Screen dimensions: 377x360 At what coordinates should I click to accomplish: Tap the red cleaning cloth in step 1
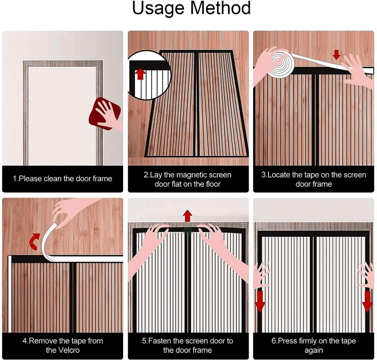coord(105,114)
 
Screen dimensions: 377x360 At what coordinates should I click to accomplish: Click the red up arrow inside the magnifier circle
coord(140,74)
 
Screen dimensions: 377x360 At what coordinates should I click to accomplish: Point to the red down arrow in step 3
coord(336,55)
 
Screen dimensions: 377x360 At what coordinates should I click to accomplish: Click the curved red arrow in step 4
coord(34,241)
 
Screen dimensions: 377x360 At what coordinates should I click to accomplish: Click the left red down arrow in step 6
coord(260,302)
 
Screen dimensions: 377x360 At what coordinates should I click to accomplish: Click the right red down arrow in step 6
coord(367,302)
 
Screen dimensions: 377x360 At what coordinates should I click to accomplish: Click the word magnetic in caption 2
coord(193,175)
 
